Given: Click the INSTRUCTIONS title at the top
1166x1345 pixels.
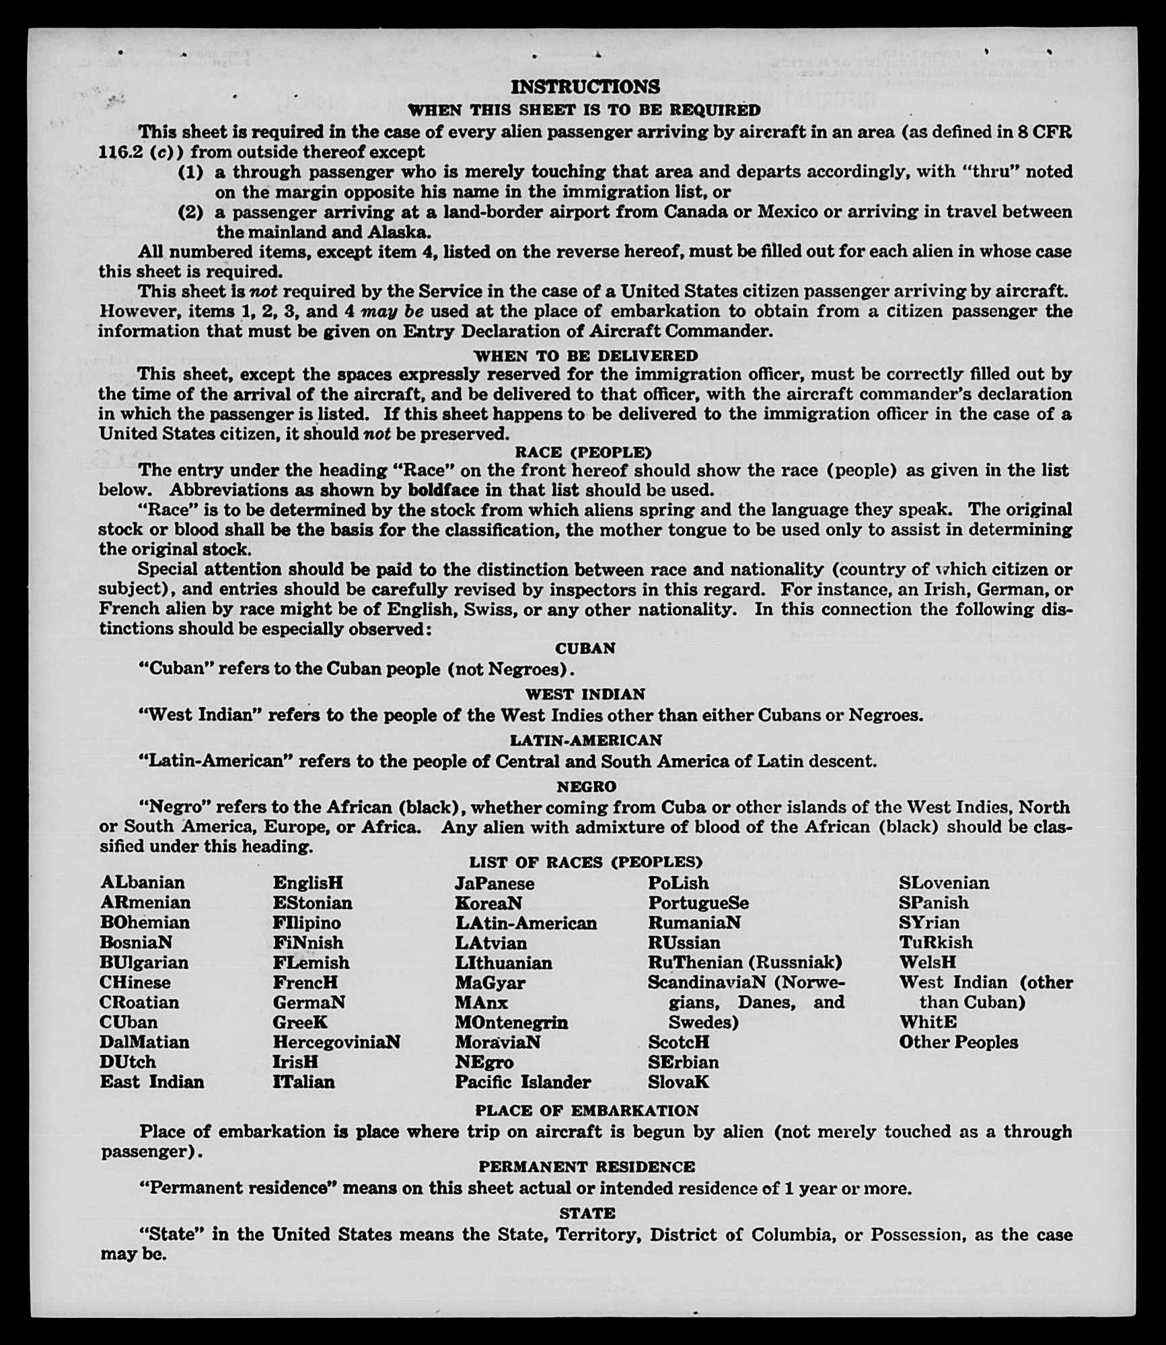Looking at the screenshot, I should point(585,87).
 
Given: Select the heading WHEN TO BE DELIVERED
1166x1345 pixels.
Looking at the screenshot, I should point(585,355).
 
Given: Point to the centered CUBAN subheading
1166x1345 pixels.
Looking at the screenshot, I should point(585,648).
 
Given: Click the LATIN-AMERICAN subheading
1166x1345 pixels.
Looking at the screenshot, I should point(585,740).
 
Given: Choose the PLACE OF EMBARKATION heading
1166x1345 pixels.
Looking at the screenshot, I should point(586,1111).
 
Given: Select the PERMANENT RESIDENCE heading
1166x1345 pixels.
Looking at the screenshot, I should point(586,1167).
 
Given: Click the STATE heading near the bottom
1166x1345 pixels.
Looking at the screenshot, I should point(587,1213).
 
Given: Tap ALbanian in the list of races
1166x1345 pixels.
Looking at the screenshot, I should point(142,882).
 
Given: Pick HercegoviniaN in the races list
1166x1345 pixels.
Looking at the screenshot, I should point(336,1042).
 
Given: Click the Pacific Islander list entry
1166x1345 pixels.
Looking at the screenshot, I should point(522,1082).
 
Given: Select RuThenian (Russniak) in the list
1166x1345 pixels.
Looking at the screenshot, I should point(744,963).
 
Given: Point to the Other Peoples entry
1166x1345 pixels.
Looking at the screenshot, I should point(957,1042).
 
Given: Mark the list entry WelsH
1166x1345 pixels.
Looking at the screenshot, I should point(927,963).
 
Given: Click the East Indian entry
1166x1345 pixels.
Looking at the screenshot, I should point(151,1082).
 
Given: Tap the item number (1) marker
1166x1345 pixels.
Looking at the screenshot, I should point(190,172).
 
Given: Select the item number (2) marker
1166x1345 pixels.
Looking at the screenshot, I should point(190,213).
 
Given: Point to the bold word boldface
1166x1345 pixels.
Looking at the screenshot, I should point(443,490).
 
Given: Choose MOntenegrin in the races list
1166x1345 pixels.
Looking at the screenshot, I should point(511,1023).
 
